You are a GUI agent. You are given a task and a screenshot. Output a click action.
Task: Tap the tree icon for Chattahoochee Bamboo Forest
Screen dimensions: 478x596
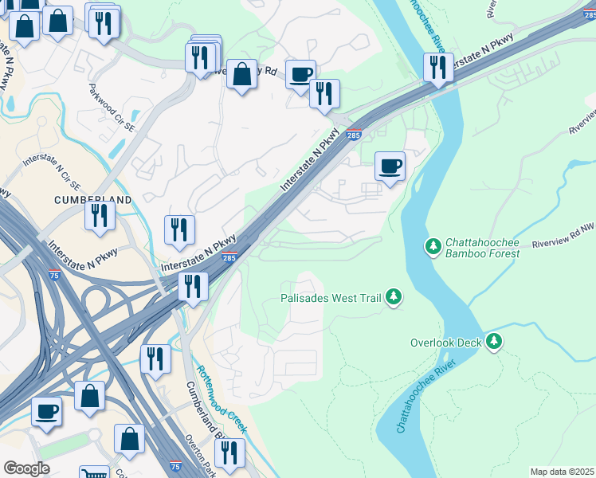coord(433,246)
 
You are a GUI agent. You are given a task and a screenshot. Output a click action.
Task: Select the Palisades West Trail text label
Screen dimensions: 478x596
coord(331,298)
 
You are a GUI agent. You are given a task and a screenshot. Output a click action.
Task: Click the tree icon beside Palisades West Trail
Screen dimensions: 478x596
coord(393,297)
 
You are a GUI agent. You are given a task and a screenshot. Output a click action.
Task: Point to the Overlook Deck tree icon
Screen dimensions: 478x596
coord(495,342)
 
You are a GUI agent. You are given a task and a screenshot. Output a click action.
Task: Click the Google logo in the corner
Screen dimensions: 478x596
coord(25,468)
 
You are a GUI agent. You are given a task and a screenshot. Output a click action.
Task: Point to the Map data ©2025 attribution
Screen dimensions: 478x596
coord(562,472)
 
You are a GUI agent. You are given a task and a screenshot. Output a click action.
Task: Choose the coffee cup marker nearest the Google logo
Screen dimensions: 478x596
coord(46,412)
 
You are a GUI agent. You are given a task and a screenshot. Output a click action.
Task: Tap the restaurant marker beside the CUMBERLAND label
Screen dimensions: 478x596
coord(100,216)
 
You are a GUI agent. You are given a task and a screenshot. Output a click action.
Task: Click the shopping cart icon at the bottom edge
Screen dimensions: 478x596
coord(95,473)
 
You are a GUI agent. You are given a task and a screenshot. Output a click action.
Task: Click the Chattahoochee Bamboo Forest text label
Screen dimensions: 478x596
coord(482,248)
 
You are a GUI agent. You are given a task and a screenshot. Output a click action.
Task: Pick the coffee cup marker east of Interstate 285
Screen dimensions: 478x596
coord(390,167)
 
